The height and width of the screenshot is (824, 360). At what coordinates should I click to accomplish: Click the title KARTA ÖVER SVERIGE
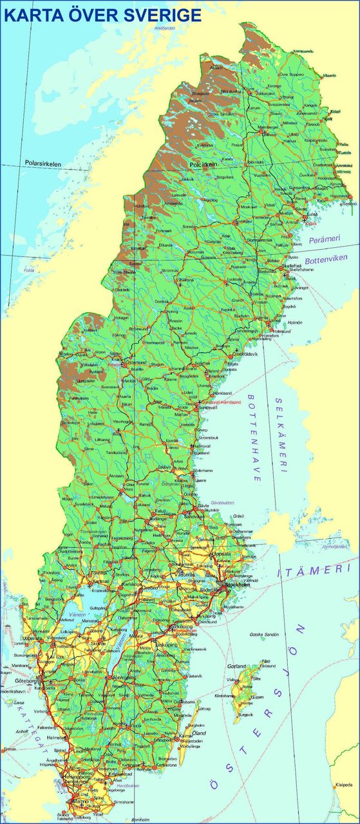coord(102,15)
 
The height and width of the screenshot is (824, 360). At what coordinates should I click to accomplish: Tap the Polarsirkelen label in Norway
coord(43,164)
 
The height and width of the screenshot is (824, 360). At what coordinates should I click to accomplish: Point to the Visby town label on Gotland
coord(231,679)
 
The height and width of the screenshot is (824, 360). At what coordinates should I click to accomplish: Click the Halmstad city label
coord(56,737)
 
